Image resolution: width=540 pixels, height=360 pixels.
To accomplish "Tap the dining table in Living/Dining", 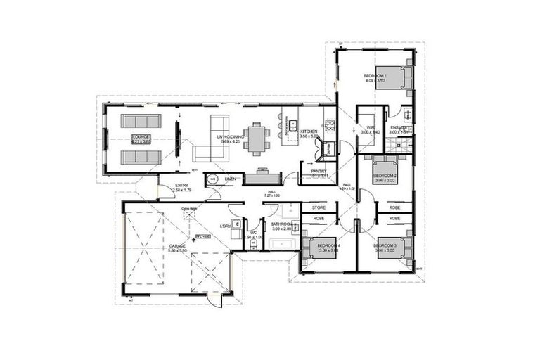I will click(x=257, y=138).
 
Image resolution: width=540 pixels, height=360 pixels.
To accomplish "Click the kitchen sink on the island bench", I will click(x=291, y=127).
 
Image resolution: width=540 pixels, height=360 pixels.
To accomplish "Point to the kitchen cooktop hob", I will click(x=328, y=127).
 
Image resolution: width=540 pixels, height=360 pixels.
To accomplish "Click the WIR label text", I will click(x=371, y=127).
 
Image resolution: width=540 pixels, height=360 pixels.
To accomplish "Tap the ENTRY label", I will click(x=182, y=185).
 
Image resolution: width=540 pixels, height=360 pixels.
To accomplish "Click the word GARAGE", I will click(x=176, y=246).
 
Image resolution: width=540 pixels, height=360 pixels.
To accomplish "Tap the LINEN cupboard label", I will click(x=230, y=179).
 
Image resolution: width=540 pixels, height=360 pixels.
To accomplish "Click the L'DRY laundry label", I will click(x=226, y=226).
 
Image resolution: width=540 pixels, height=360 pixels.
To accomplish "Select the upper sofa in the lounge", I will click(x=140, y=120).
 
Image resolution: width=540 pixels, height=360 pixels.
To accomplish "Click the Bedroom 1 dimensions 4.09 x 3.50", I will click(x=375, y=80).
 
